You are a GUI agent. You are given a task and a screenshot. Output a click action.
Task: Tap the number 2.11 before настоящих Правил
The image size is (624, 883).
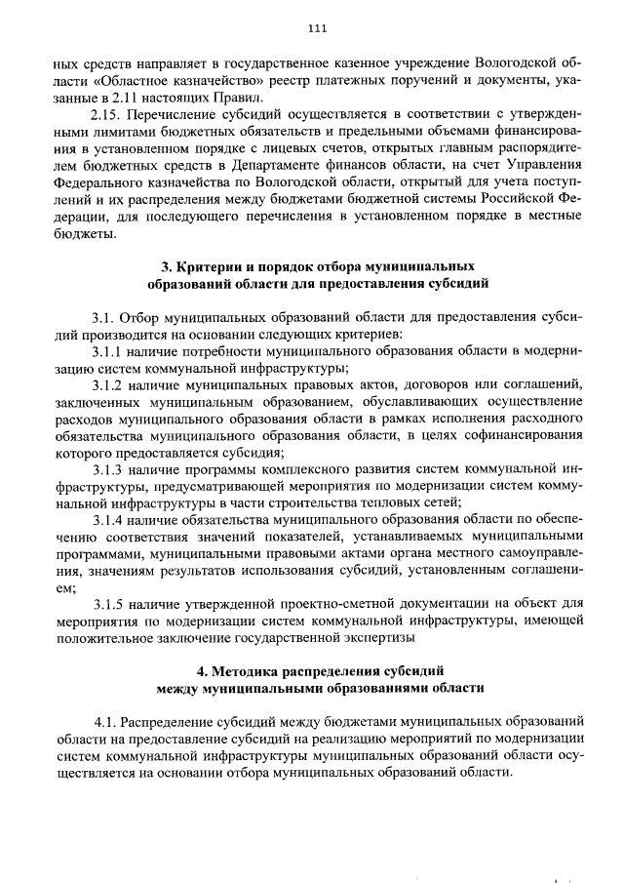point(170,97)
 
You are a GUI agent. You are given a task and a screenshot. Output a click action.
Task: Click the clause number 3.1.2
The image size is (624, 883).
point(106,384)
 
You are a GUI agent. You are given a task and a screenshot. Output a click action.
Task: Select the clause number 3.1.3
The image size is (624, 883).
point(106,470)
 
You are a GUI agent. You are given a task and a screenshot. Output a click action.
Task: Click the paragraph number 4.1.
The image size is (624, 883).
point(105,721)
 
